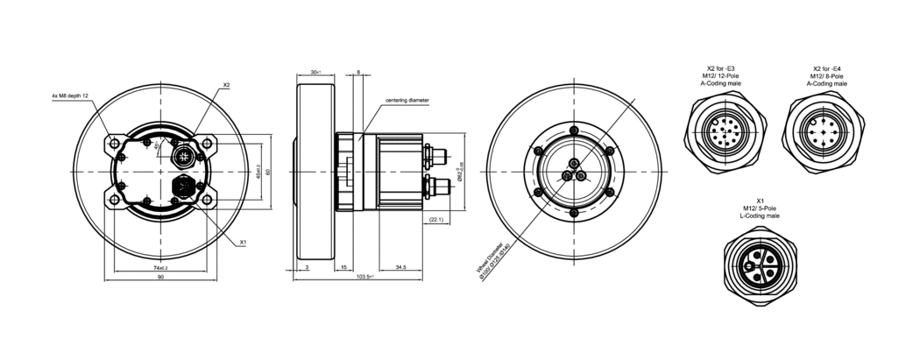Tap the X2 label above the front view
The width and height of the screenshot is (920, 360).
tap(226, 85)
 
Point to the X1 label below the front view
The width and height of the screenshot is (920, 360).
tap(243, 241)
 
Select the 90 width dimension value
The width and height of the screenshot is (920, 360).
tap(160, 277)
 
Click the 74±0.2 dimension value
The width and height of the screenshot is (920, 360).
tap(160, 265)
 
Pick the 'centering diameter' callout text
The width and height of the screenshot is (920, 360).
tap(407, 101)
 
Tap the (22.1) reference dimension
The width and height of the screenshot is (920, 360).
tap(436, 219)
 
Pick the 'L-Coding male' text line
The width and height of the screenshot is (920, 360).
tap(760, 215)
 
